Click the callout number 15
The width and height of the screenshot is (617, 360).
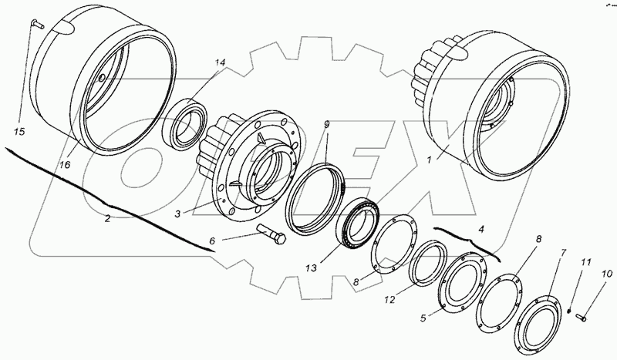point(19,131)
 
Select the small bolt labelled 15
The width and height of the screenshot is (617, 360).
point(37,25)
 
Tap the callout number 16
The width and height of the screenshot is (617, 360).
point(65,165)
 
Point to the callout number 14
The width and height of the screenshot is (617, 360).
point(220,62)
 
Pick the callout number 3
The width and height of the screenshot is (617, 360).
point(178,214)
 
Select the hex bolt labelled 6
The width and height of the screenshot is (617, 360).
point(272,234)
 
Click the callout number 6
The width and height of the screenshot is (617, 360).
point(212,241)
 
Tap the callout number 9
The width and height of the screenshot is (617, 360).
point(326,124)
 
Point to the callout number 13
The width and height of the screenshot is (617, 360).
point(311,268)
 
